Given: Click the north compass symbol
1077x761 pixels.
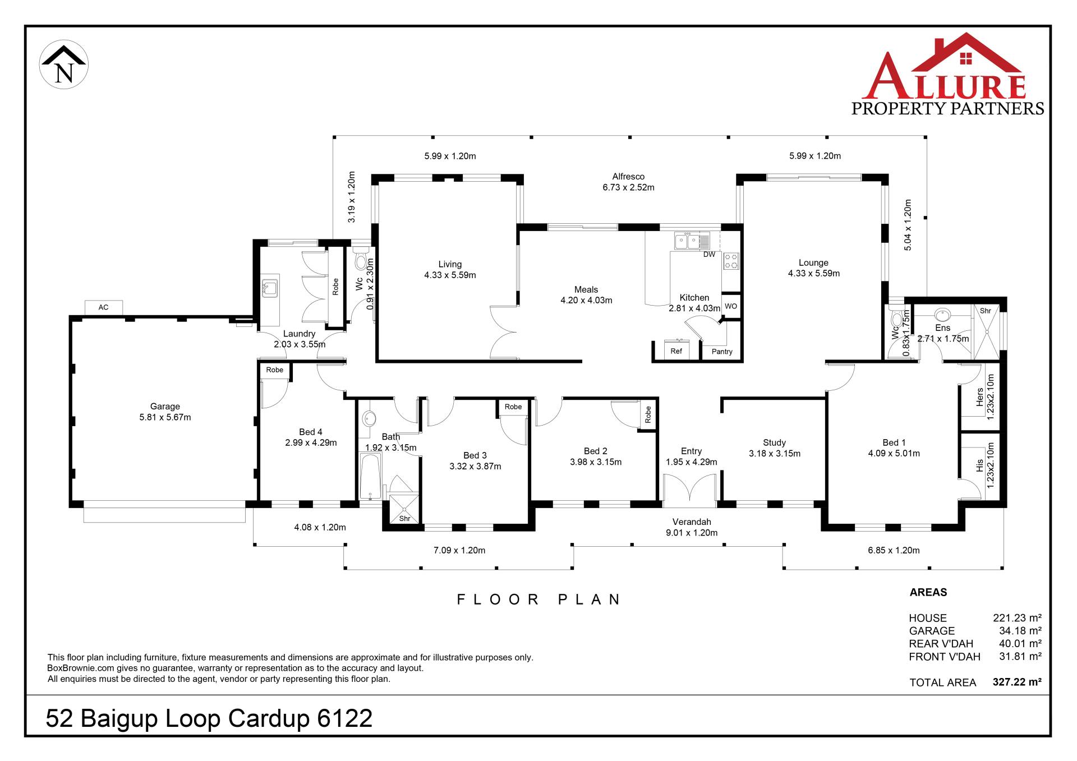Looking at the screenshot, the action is point(64,64).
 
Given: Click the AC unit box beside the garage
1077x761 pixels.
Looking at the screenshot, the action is point(104,307).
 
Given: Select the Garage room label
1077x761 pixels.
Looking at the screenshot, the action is point(165,407).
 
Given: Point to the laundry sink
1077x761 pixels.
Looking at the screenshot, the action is point(270,288).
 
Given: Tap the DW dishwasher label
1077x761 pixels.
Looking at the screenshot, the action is point(710,255).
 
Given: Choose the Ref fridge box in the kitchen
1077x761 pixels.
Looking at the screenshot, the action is point(676,350).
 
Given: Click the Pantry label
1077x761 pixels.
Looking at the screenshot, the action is point(722,352).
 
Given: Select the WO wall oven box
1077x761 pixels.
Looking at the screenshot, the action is point(731,306).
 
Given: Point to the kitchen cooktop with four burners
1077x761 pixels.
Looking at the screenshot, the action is point(731,261).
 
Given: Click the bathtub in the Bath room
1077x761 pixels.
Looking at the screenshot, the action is point(370,476).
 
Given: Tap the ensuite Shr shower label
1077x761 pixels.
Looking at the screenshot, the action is point(986,311).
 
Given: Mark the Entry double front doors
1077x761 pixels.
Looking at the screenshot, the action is point(689,488).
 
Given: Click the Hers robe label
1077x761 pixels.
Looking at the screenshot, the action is point(980,396).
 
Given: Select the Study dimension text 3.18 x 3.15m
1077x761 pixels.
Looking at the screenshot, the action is point(775,454).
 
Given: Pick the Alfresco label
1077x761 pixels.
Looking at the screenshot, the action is point(628,177).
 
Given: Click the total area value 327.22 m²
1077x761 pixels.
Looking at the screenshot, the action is point(1017,682).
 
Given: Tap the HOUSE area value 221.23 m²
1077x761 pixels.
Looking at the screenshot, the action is point(1017,618).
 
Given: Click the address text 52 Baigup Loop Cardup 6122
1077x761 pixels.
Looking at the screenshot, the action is point(209,718).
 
